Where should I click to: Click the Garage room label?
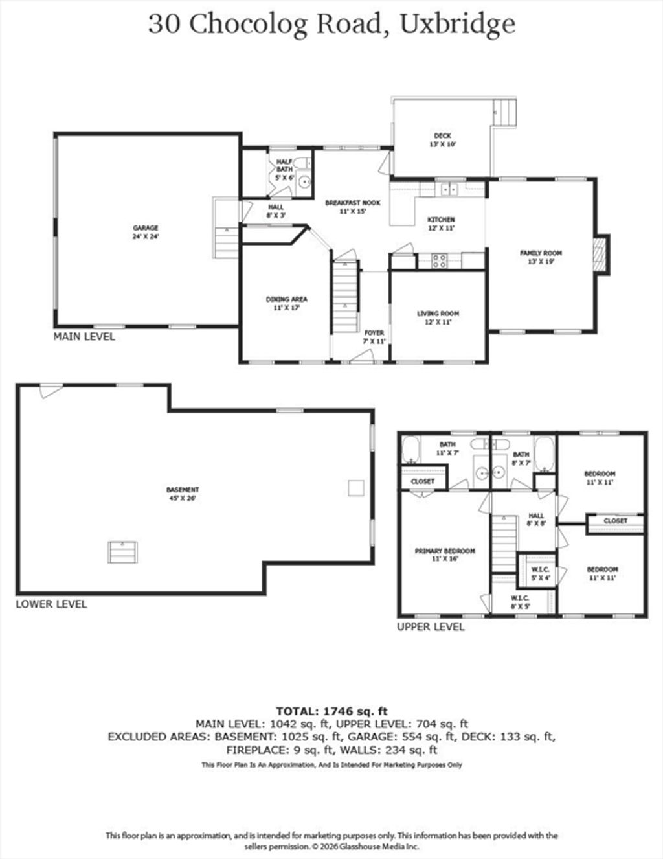pyautogui.click(x=146, y=232)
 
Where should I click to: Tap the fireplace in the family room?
pyautogui.click(x=602, y=254)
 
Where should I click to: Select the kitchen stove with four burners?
pyautogui.click(x=439, y=260)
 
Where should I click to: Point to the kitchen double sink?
pyautogui.click(x=449, y=189)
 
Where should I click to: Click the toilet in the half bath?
pyautogui.click(x=304, y=163)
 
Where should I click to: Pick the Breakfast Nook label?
pyautogui.click(x=352, y=207)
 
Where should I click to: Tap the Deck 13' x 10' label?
pyautogui.click(x=442, y=140)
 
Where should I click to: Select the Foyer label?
pyautogui.click(x=374, y=337)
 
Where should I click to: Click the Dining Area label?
pyautogui.click(x=286, y=303)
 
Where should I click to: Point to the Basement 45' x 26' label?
pyautogui.click(x=183, y=494)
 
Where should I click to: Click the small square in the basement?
pyautogui.click(x=355, y=488)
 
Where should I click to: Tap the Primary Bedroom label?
pyautogui.click(x=445, y=555)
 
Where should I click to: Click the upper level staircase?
pyautogui.click(x=504, y=544)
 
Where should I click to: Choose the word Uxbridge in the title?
pyautogui.click(x=458, y=25)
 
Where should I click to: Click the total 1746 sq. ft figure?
pyautogui.click(x=355, y=711)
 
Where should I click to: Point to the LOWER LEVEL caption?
pyautogui.click(x=51, y=604)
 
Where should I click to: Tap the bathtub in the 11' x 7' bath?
pyautogui.click(x=410, y=450)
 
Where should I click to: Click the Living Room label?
pyautogui.click(x=438, y=317)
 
